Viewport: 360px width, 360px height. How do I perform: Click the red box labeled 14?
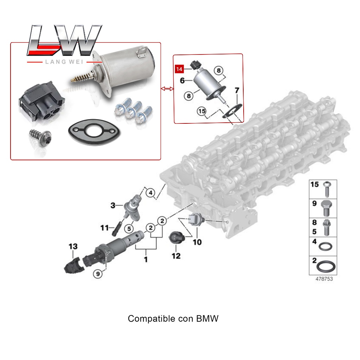[180, 69]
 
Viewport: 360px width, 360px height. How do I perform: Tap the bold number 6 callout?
[182, 81]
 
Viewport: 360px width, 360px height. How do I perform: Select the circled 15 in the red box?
[201, 111]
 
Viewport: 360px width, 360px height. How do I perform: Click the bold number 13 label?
[73, 247]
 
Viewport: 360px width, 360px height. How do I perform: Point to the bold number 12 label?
[176, 256]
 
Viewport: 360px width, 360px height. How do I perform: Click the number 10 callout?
[197, 242]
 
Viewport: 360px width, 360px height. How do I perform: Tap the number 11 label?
[104, 228]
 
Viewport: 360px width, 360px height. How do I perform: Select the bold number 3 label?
[113, 205]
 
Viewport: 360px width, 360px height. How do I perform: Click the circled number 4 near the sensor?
[150, 193]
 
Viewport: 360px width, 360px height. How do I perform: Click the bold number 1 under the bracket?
[146, 260]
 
